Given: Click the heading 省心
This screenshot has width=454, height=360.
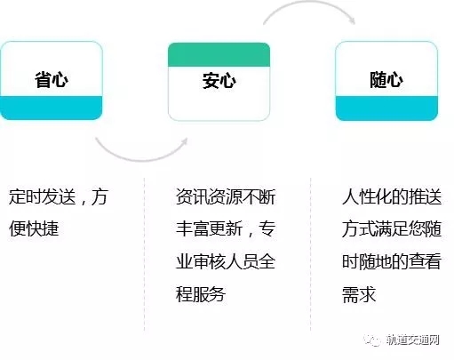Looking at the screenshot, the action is [x=52, y=80].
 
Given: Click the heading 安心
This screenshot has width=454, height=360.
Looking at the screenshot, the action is [x=219, y=81].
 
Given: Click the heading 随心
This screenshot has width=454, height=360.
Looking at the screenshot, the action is [x=386, y=80].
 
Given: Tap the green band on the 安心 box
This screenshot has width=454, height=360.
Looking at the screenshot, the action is [x=219, y=55].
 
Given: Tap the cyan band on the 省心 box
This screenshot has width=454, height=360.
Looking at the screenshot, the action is [x=52, y=108].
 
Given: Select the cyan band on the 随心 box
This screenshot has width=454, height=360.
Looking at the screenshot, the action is [x=386, y=108].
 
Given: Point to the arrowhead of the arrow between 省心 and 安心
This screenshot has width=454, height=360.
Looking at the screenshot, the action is [x=185, y=141].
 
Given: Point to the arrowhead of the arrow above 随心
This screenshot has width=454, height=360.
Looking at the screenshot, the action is [x=352, y=20].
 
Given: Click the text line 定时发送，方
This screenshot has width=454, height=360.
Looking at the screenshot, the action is [x=59, y=196].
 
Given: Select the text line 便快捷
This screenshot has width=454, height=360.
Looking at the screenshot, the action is [x=34, y=228].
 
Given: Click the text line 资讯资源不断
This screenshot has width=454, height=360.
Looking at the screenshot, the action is [x=226, y=196].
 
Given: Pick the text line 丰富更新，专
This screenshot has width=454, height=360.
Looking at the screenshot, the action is [x=226, y=228].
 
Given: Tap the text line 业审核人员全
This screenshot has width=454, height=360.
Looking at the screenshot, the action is [x=226, y=261].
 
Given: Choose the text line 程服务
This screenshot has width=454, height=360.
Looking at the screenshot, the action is [x=201, y=294].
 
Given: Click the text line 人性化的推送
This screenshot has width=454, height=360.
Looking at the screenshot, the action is [x=392, y=196].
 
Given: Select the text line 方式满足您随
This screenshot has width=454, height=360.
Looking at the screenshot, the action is [x=392, y=228].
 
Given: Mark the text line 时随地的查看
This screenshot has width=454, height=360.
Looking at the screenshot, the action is [x=392, y=261].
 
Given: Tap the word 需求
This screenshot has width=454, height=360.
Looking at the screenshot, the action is [x=359, y=294].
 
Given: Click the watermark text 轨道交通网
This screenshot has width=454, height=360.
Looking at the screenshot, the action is [x=412, y=340].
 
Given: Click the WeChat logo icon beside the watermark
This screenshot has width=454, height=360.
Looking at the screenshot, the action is [x=372, y=340].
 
